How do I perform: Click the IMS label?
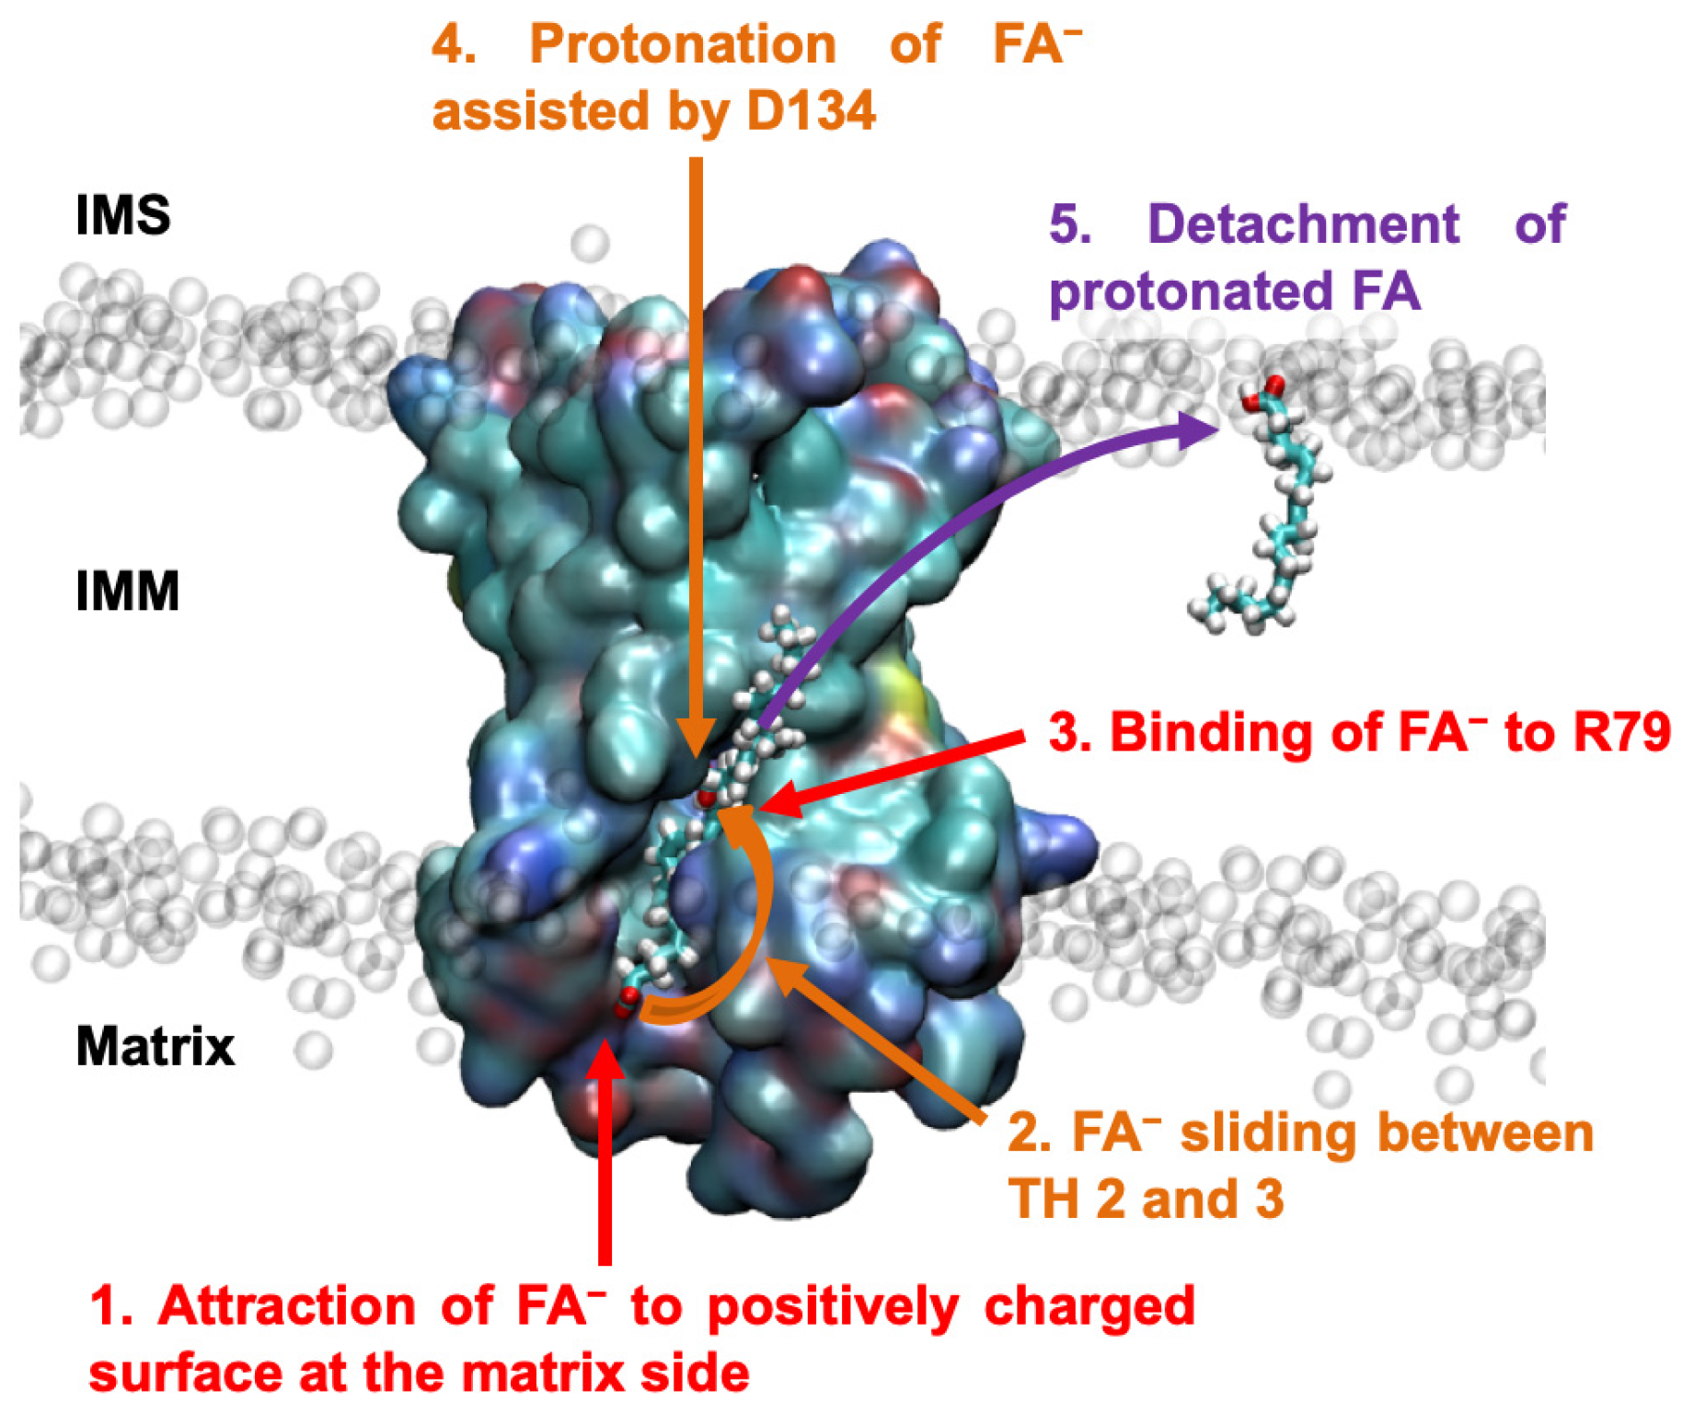pos(122,215)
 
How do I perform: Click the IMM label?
pos(127,591)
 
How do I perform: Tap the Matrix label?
pos(155,1047)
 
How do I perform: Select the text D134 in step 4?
pos(811,111)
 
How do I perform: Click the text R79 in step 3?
pos(1621,733)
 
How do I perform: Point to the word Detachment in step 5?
pos(1303,224)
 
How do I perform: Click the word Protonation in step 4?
pos(683,44)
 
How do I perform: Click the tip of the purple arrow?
pos(1209,429)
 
